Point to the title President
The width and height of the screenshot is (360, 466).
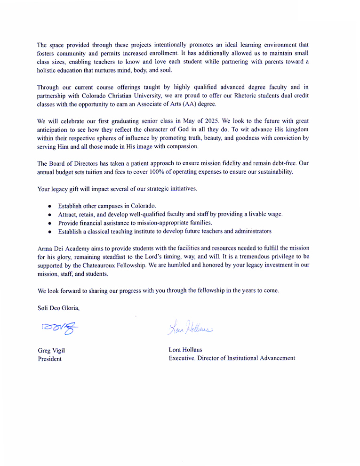[x=49, y=359]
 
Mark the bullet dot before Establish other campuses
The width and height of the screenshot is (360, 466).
[x=50, y=207]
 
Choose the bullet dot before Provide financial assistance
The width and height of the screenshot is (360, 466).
[x=50, y=223]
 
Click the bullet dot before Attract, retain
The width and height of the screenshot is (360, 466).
[x=50, y=215]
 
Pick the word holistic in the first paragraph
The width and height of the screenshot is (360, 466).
[x=48, y=70]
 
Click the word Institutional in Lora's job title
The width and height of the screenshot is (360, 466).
[x=246, y=358]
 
